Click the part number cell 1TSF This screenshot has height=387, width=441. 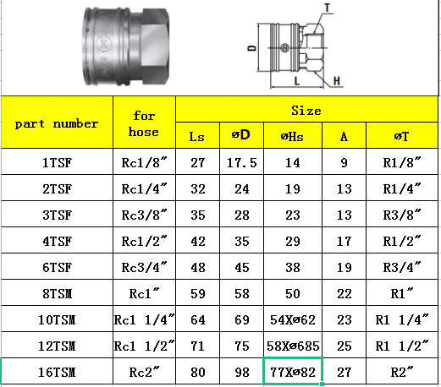click(57, 163)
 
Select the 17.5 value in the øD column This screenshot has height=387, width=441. click(242, 163)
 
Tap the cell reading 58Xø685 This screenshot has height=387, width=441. click(293, 346)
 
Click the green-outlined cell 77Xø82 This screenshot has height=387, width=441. click(293, 372)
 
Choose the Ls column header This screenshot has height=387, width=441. click(197, 137)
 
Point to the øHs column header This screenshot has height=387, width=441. click(292, 137)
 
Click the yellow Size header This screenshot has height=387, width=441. click(306, 111)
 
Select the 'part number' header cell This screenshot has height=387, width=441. click(57, 123)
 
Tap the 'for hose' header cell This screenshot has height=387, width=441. click(144, 123)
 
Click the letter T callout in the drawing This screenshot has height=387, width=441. click(328, 8)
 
